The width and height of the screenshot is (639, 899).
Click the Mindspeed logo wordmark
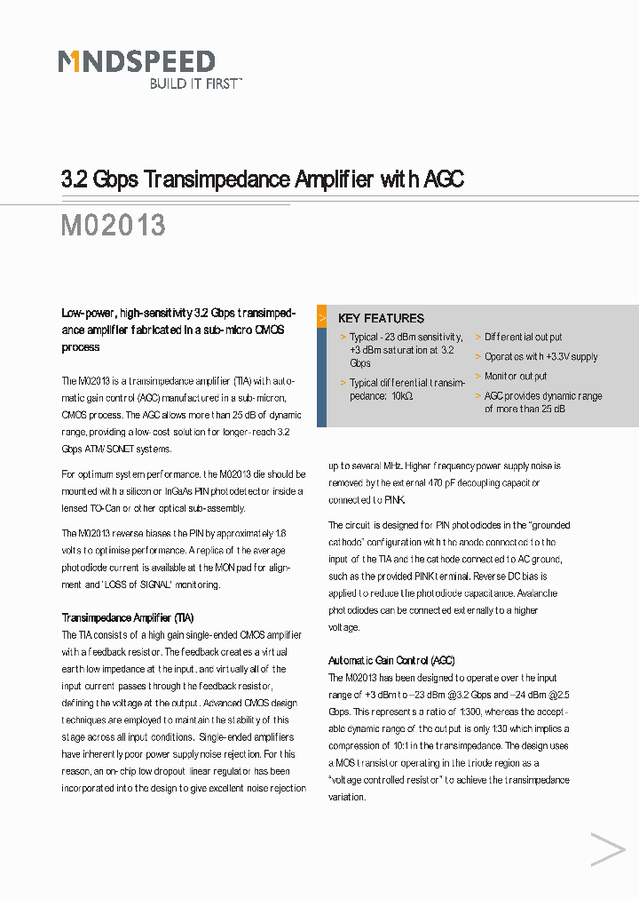click(137, 61)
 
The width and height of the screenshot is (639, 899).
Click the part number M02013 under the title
click(113, 225)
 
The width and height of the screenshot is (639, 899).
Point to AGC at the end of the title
click(444, 179)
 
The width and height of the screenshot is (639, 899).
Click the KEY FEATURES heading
click(381, 318)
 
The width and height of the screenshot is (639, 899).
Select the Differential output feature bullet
click(523, 338)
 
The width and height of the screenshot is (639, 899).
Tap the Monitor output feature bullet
click(516, 377)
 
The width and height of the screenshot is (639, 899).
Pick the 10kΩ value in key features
click(401, 396)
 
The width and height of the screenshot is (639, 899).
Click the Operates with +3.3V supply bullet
click(540, 357)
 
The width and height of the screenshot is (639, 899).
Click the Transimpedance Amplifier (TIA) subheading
click(127, 617)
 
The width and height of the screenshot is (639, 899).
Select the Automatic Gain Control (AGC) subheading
click(391, 661)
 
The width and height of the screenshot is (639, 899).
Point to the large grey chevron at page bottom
click(608, 850)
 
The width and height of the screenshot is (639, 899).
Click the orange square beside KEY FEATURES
click(322, 316)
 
